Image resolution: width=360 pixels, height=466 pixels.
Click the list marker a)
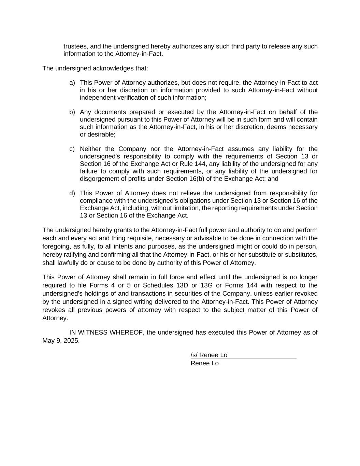coord(72,83)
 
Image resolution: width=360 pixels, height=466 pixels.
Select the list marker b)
coord(72,112)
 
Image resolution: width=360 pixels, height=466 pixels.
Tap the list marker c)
coord(72,149)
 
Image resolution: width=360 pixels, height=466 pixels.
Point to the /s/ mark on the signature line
coord(194,355)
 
